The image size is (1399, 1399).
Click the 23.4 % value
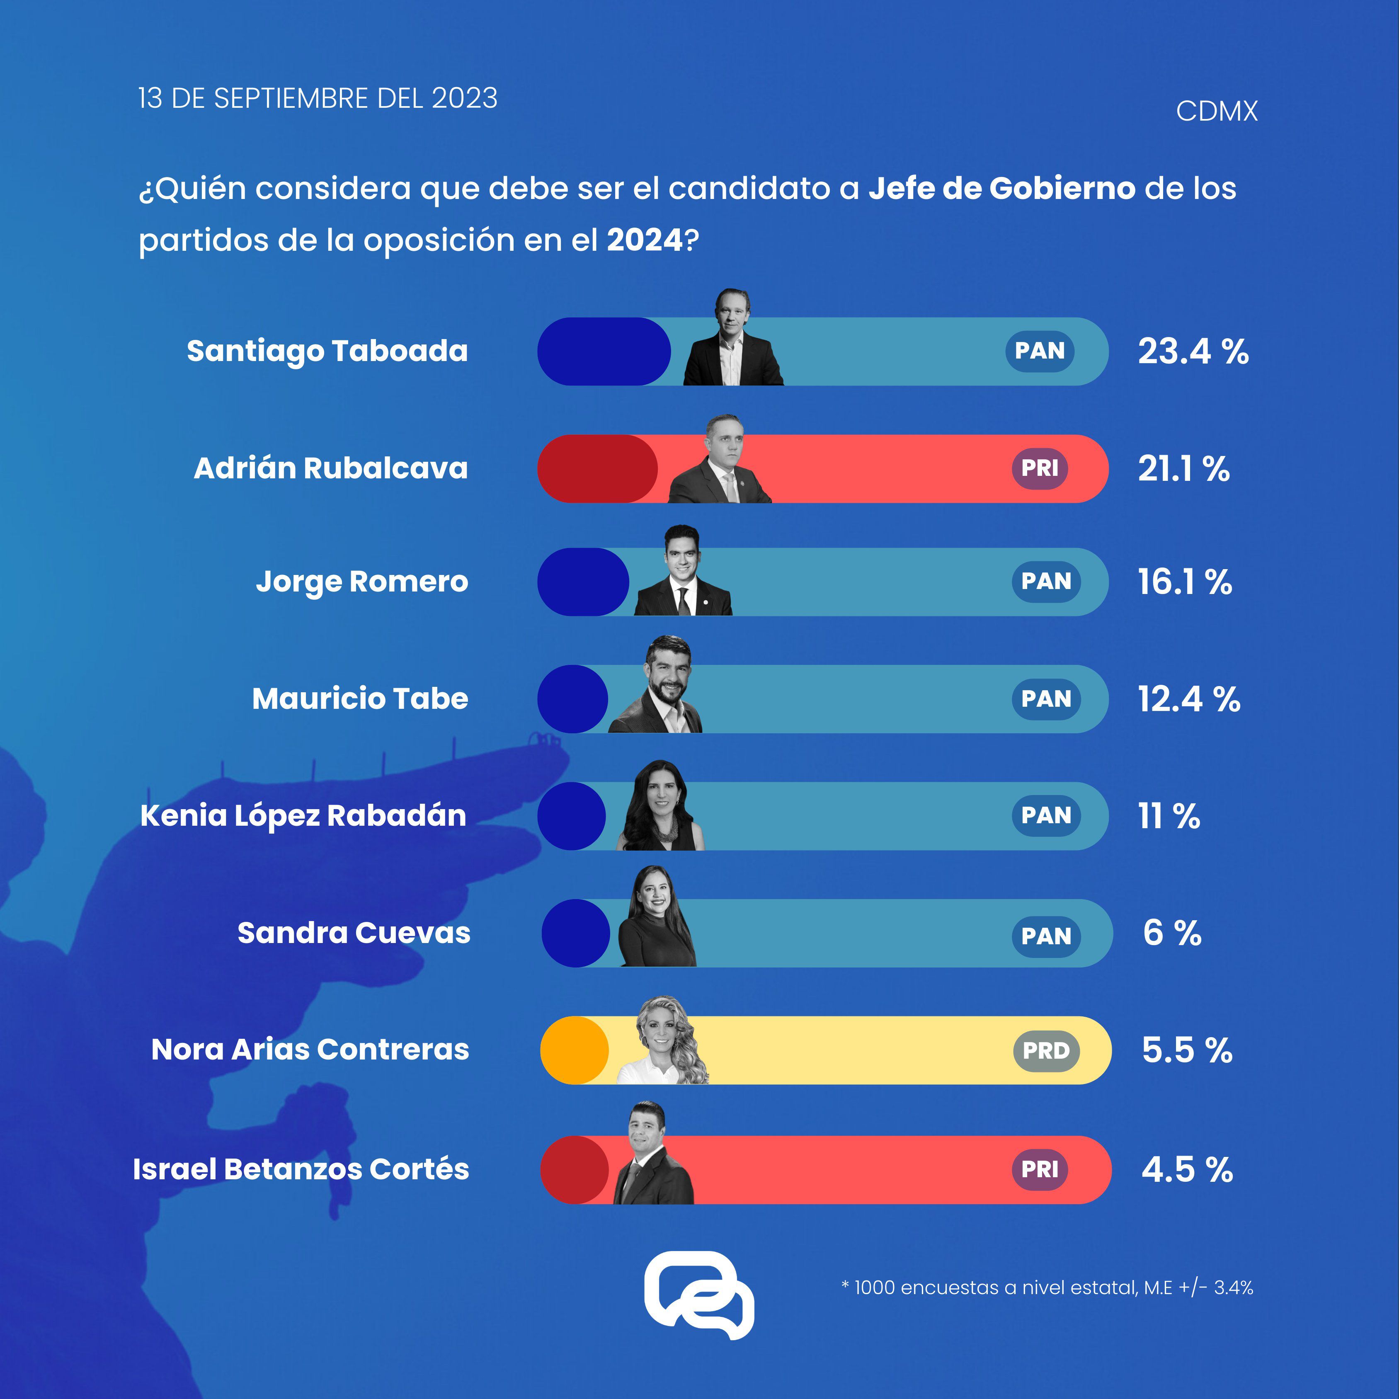click(1193, 352)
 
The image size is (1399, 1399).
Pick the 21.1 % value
click(1183, 469)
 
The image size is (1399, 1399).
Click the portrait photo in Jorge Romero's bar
click(683, 572)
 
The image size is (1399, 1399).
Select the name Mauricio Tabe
click(360, 699)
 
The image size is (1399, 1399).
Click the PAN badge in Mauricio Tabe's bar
click(1046, 699)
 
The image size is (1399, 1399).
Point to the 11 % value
click(1169, 817)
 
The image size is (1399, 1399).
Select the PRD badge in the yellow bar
click(1046, 1051)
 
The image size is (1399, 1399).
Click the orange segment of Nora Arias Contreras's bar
click(574, 1051)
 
